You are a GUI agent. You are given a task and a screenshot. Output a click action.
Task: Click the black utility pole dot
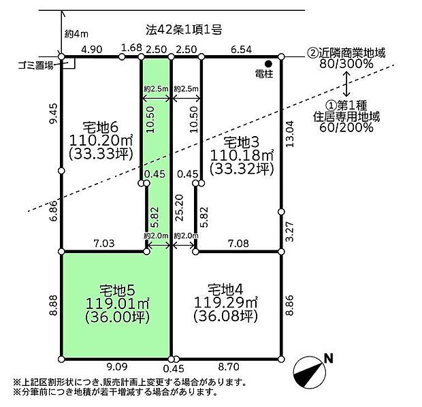268,64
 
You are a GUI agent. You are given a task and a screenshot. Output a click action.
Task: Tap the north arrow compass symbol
310,372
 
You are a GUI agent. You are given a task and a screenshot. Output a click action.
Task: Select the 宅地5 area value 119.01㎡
118,304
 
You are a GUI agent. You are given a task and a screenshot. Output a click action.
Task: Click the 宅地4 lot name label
225,290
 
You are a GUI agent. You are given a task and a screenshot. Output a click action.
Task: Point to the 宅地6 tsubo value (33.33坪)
101,154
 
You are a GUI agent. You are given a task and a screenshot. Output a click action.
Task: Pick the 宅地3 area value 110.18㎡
242,155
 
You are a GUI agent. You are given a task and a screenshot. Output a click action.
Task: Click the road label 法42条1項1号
184,30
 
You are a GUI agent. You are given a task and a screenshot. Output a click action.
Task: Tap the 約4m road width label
76,35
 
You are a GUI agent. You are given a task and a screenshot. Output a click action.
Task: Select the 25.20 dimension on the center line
179,208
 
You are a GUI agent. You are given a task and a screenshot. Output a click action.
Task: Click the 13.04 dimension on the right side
290,133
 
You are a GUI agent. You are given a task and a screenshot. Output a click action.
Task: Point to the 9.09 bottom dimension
117,367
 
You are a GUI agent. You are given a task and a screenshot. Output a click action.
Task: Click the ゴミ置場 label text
36,66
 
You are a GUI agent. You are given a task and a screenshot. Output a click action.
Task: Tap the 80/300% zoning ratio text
346,64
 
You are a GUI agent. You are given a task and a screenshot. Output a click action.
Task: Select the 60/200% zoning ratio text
346,127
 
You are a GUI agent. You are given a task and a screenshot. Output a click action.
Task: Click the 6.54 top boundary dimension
242,50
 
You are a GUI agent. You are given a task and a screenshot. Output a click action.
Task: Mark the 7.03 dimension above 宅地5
104,244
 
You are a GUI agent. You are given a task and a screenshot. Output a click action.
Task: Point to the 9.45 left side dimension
54,113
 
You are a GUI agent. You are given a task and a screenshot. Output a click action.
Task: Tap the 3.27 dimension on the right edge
290,231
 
